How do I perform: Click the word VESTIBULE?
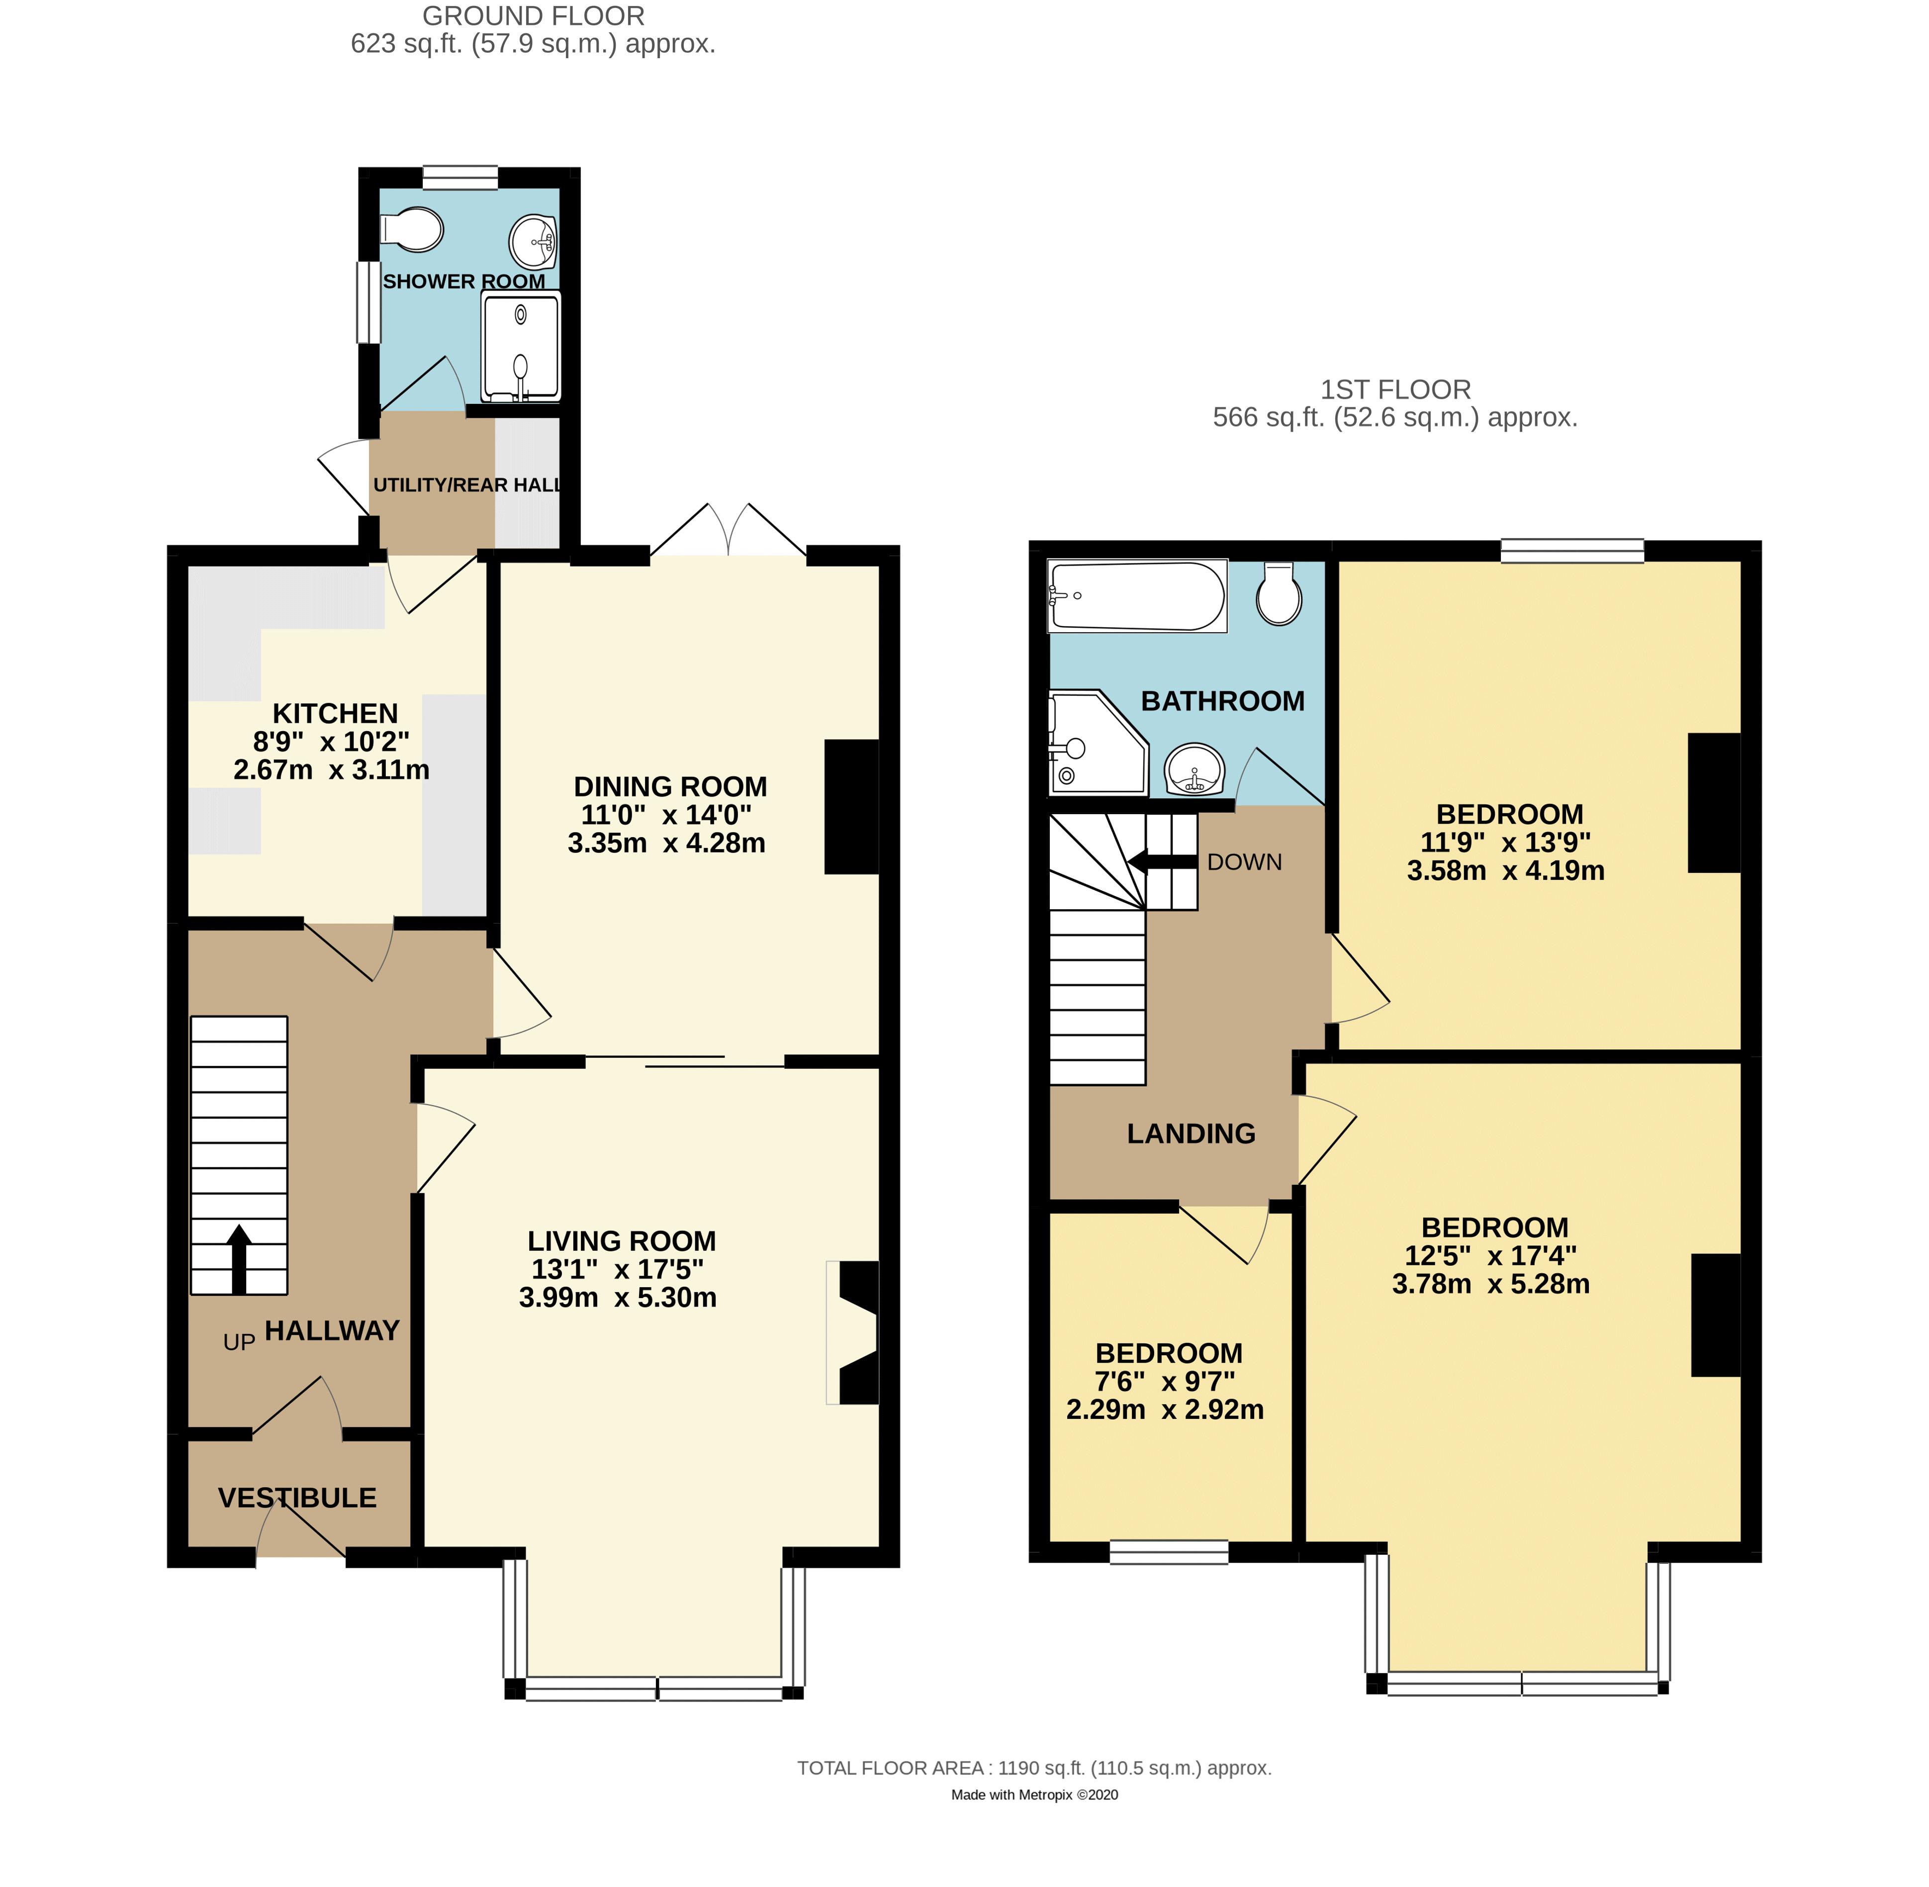tap(297, 1498)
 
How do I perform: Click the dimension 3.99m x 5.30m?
tap(617, 1297)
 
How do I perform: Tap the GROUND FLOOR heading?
tap(533, 16)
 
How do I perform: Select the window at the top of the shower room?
tap(459, 178)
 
